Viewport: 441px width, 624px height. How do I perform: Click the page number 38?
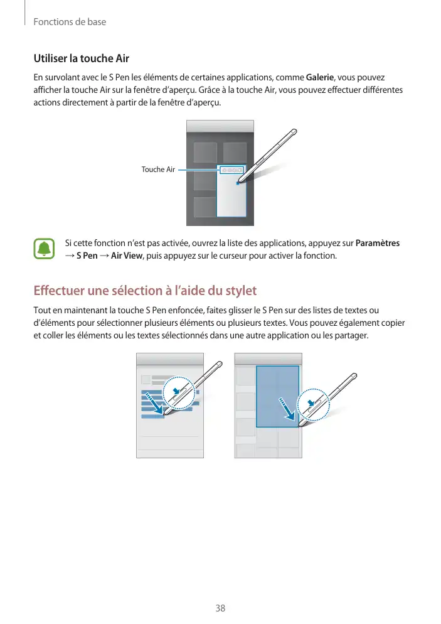pyautogui.click(x=220, y=608)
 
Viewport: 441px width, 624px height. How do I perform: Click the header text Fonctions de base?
pyautogui.click(x=70, y=22)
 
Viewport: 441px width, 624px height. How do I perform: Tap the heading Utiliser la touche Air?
pyautogui.click(x=81, y=58)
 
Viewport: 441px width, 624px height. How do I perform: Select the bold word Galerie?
pyautogui.click(x=320, y=77)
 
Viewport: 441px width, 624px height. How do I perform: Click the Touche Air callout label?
pyautogui.click(x=158, y=169)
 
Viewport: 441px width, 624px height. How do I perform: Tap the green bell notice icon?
pyautogui.click(x=44, y=249)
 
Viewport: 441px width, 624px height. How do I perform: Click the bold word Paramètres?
pyautogui.click(x=378, y=243)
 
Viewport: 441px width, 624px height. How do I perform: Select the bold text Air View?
pyautogui.click(x=127, y=256)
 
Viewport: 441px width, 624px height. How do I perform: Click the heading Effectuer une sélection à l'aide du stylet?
pyautogui.click(x=145, y=291)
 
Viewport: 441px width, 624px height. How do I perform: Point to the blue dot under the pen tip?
pyautogui.click(x=237, y=183)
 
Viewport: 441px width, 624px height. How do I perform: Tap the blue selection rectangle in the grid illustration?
pyautogui.click(x=277, y=396)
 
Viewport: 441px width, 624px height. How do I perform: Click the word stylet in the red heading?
pyautogui.click(x=241, y=291)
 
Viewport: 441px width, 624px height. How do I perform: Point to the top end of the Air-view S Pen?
pyautogui.click(x=295, y=131)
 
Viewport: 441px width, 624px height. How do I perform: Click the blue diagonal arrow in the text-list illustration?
pyautogui.click(x=154, y=403)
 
